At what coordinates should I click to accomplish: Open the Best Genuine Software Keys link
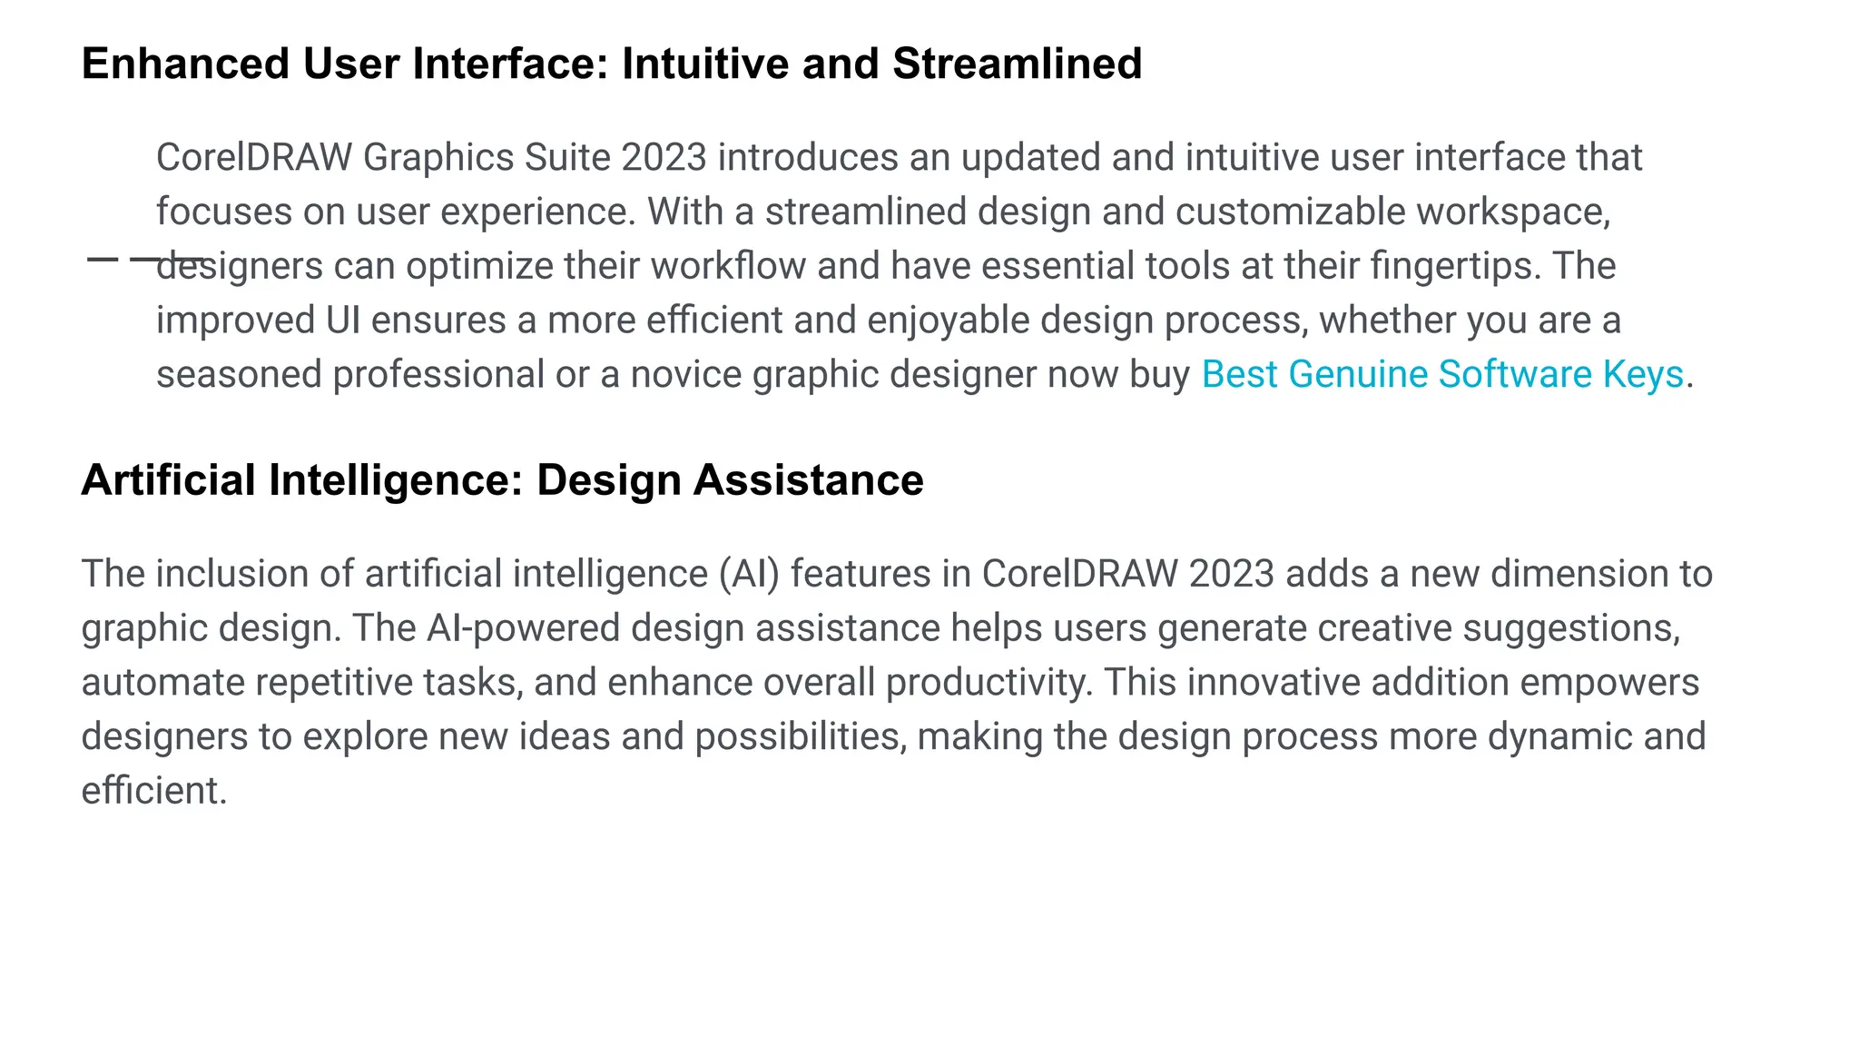1442,375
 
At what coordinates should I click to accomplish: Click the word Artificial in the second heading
168,480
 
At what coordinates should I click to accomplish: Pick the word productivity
989,683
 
